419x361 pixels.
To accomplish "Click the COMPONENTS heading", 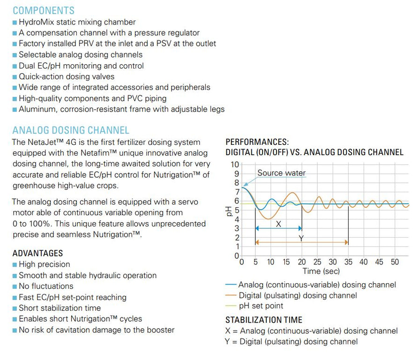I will pyautogui.click(x=43, y=10).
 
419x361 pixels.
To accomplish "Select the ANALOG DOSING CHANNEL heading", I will pyautogui.click(x=71, y=130).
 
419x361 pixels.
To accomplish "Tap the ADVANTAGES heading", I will pyautogui.click(x=37, y=253).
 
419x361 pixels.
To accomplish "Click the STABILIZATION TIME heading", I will pyautogui.click(x=264, y=320).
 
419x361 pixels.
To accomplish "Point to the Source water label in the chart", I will pyautogui.click(x=281, y=173).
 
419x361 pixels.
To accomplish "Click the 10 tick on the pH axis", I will pyautogui.click(x=235, y=165).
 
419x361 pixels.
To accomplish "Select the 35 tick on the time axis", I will pyautogui.click(x=348, y=262).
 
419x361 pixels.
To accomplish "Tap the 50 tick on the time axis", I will pyautogui.click(x=395, y=262).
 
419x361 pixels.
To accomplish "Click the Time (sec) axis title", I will pyautogui.click(x=321, y=271).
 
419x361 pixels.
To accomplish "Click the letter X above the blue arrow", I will pyautogui.click(x=278, y=224).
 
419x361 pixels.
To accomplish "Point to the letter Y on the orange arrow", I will pyautogui.click(x=301, y=239).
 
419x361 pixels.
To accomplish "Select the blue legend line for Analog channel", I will pyautogui.click(x=231, y=285).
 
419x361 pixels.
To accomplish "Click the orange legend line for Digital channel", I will pyautogui.click(x=231, y=295).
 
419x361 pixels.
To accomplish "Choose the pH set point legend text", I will pyautogui.click(x=261, y=306).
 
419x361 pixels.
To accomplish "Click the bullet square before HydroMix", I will pyautogui.click(x=15, y=23).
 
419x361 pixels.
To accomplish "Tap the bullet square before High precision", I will pyautogui.click(x=15, y=265).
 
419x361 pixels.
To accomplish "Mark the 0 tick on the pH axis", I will pyautogui.click(x=237, y=256).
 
